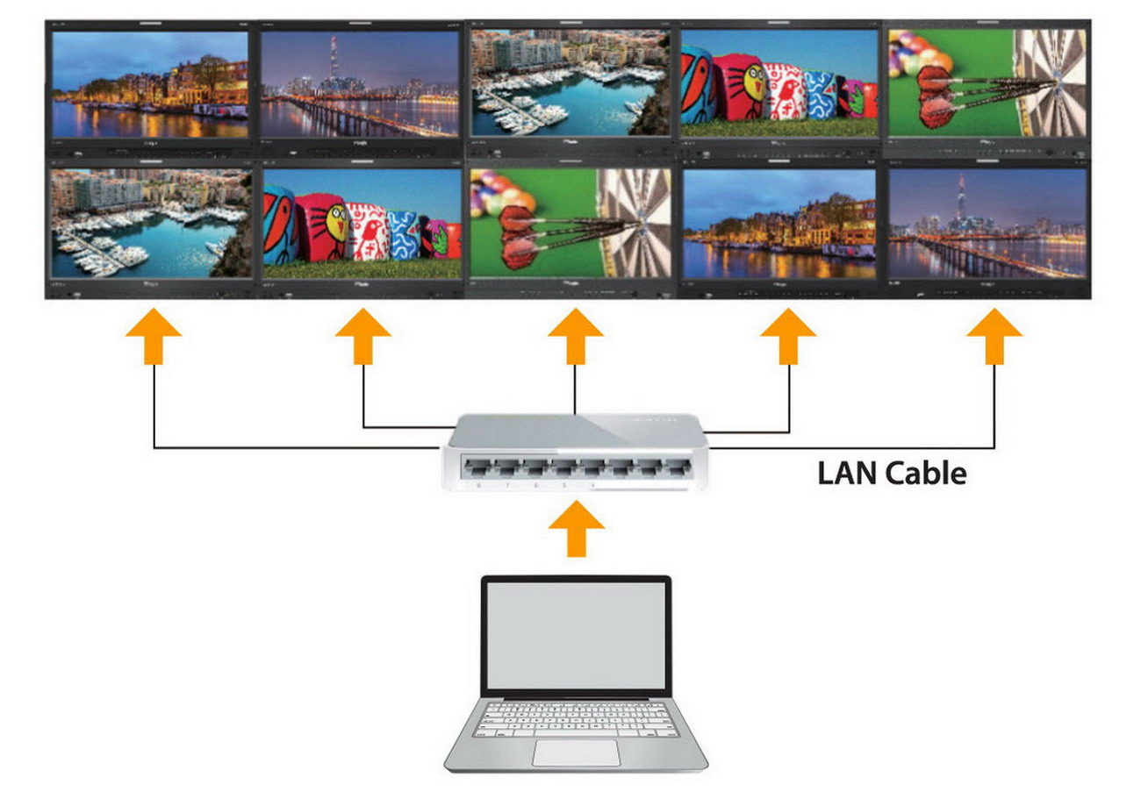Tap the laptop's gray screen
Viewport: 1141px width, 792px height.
(x=575, y=635)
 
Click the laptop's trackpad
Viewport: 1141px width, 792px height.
(x=575, y=753)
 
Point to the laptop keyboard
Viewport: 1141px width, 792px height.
(x=575, y=718)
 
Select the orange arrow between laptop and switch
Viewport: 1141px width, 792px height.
(x=576, y=528)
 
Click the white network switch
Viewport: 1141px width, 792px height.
(x=575, y=452)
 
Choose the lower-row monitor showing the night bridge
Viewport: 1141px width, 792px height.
(x=988, y=224)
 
